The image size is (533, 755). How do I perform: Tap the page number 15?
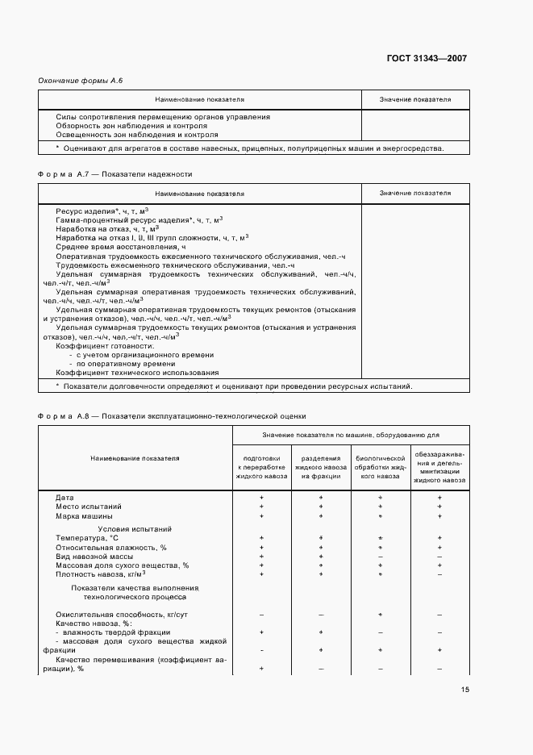pyautogui.click(x=465, y=690)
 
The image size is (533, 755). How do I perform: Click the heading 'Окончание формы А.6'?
pyautogui.click(x=81, y=81)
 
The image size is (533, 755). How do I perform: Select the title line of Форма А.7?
pyautogui.click(x=115, y=173)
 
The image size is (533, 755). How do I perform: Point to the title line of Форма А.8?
pyautogui.click(x=172, y=416)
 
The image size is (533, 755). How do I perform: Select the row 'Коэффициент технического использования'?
pyautogui.click(x=137, y=373)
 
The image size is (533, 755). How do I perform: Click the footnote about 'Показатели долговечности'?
pyautogui.click(x=233, y=386)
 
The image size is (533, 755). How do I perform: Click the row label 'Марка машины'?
pyautogui.click(x=84, y=515)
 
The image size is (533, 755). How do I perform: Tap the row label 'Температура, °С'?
pyautogui.click(x=87, y=537)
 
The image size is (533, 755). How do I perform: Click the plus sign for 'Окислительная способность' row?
pyautogui.click(x=380, y=615)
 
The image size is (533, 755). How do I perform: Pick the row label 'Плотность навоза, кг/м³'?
pyautogui.click(x=101, y=574)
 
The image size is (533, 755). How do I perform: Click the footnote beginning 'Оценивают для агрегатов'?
pyautogui.click(x=249, y=148)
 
